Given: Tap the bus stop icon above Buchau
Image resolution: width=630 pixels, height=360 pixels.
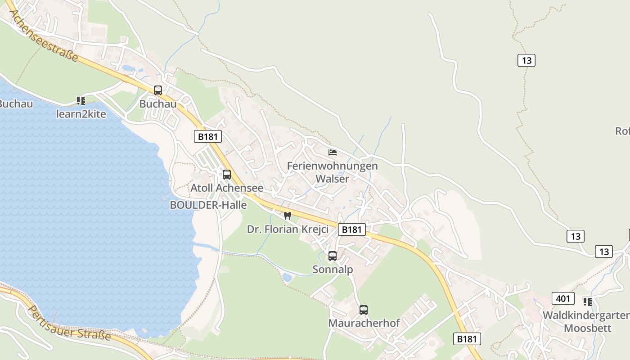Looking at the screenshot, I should tap(157, 90).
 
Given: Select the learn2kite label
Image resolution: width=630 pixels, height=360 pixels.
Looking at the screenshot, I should tap(81, 114).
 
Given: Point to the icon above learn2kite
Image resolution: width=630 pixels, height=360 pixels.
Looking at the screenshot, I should tap(81, 101).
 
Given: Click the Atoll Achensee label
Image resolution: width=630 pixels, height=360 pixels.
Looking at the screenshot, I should tap(227, 188).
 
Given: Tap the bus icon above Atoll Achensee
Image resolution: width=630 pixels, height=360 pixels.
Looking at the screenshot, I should tap(227, 175).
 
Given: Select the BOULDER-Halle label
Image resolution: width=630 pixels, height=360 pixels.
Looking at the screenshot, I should tap(208, 205).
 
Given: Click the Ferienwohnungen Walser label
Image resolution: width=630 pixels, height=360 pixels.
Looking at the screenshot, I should tap(333, 172).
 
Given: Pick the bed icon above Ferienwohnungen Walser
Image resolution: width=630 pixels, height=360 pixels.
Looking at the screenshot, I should tap(333, 152).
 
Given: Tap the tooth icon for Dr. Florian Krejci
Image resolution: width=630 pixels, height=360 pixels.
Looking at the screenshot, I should tap(288, 216).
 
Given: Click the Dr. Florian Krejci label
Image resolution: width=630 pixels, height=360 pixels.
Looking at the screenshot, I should tap(288, 229).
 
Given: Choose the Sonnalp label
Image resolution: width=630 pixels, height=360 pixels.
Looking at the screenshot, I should tap(333, 269).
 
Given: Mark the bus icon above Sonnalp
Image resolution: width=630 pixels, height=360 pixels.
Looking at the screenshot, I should tap(333, 256).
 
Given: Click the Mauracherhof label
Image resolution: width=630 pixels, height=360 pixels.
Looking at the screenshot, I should tap(364, 323).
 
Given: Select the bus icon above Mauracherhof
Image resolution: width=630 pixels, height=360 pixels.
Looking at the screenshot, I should tap(364, 310).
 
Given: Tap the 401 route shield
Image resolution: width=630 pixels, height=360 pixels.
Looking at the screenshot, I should tap(562, 298).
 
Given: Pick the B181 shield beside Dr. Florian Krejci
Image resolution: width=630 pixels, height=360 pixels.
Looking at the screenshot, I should tap(351, 229).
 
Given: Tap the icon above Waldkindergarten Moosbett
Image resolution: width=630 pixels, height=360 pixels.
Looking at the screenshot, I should tap(587, 301).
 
